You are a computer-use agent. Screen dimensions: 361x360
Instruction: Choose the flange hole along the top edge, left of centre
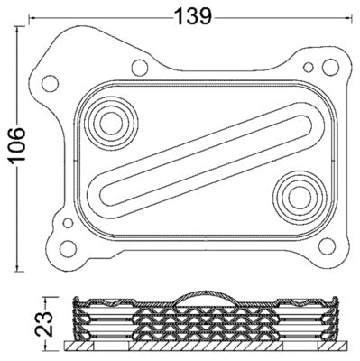pos(138,66)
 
